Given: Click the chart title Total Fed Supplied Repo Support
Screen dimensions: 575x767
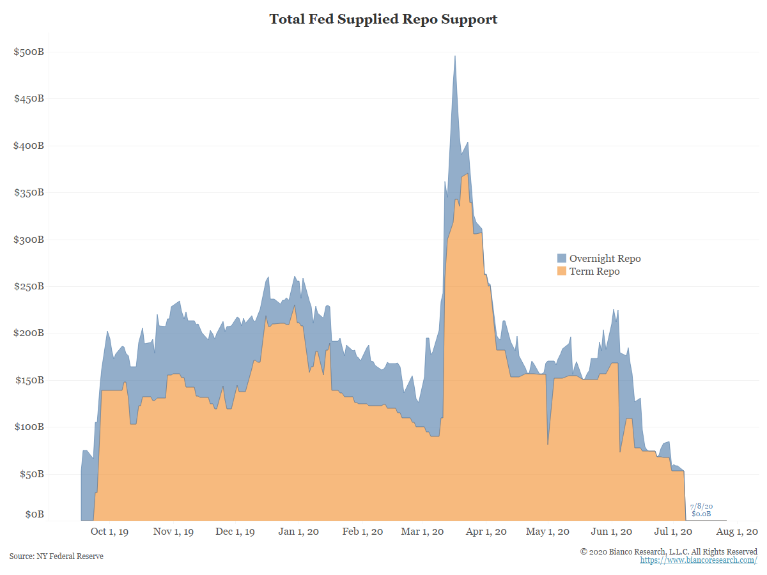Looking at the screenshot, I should [383, 19].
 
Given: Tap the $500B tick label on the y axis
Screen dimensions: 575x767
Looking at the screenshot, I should [29, 52].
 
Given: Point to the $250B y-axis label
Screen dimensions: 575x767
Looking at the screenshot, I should [29, 286].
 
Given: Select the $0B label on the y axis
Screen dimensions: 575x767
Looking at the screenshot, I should [34, 514].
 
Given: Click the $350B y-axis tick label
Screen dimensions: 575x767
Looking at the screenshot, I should [29, 192].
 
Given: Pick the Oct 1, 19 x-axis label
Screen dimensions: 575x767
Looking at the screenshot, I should [109, 532].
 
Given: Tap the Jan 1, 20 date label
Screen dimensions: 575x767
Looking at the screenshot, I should [299, 532].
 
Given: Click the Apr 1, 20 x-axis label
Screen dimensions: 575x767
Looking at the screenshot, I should [486, 532].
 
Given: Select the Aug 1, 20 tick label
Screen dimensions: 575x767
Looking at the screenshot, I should [738, 532].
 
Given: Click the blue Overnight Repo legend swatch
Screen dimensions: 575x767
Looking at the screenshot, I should [562, 259].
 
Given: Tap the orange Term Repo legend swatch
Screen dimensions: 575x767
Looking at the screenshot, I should [562, 272].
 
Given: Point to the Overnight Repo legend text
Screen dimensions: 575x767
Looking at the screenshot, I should [605, 259].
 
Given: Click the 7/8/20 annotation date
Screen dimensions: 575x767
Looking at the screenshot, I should [701, 506].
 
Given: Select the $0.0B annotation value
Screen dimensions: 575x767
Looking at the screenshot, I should [701, 514].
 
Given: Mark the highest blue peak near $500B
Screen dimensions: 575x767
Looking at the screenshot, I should [454, 57].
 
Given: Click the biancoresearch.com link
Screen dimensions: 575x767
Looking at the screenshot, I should [699, 560].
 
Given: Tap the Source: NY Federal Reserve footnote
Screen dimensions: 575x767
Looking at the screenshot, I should [56, 556].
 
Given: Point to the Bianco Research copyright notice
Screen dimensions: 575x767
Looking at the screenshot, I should [669, 551].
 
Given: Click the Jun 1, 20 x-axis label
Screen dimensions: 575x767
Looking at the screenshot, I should [612, 532].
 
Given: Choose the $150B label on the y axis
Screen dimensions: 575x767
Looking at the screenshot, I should [29, 380].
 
